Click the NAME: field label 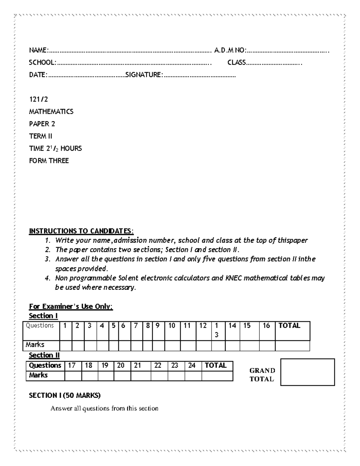(x=39, y=50)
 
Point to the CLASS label (x=236, y=62)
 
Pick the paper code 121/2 (x=38, y=99)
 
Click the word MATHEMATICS (x=51, y=112)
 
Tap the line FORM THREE (x=49, y=161)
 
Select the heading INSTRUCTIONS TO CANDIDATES (x=81, y=231)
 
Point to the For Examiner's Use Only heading (x=71, y=306)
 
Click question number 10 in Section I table (x=172, y=326)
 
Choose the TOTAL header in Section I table (x=289, y=326)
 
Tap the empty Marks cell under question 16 (x=267, y=346)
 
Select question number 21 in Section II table (x=137, y=365)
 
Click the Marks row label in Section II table (x=38, y=375)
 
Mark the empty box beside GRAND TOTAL (x=307, y=372)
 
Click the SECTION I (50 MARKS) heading (x=65, y=395)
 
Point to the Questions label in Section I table (x=40, y=326)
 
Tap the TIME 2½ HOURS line (x=55, y=149)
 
